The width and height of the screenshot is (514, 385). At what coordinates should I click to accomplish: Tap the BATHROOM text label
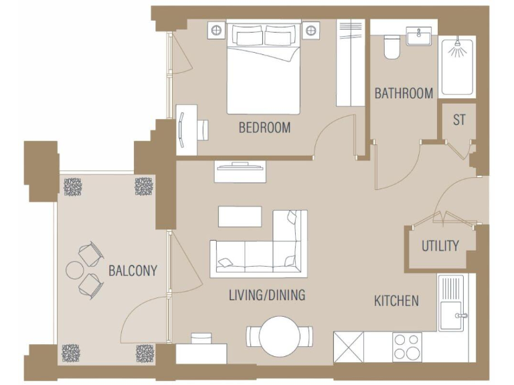pos(403,93)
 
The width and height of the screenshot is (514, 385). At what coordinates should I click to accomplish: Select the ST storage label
pos(459,121)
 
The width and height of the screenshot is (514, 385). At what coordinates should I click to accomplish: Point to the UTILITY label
pos(440,246)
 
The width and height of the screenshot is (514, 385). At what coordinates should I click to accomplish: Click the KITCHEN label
pos(396,301)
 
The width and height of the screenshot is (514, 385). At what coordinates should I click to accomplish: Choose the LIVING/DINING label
pos(267,295)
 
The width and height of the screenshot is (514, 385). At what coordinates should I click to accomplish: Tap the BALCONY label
pos(133,271)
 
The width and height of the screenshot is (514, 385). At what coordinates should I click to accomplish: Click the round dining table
pos(278,336)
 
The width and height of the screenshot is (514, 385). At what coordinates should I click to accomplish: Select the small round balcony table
pos(74,270)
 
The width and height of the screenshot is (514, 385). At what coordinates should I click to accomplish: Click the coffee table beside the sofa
pos(240,217)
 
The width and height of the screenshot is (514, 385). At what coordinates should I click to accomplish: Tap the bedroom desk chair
pos(203,128)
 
